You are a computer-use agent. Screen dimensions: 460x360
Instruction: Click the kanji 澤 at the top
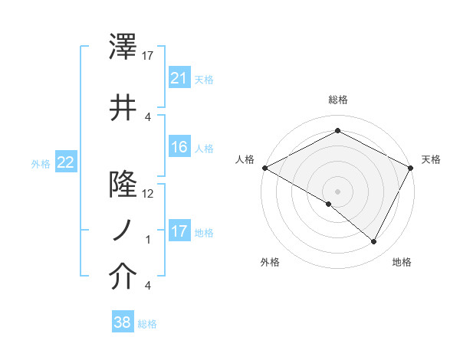point(123,49)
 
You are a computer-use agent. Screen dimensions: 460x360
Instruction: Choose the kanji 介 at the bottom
point(123,278)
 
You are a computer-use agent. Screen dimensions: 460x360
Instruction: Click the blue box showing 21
point(179,77)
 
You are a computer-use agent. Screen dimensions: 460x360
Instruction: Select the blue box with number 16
point(179,147)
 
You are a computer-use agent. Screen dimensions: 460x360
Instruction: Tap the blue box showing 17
point(179,231)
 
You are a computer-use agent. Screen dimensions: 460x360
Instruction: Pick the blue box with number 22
point(66,162)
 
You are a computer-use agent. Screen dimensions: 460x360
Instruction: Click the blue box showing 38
point(123,322)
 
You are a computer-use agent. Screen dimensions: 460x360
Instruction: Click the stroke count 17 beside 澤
point(147,56)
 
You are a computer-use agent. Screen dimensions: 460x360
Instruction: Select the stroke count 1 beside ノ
point(148,240)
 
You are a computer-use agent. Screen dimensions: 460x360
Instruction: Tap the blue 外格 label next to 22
point(41,162)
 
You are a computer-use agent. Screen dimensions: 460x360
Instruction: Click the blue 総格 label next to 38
point(148,324)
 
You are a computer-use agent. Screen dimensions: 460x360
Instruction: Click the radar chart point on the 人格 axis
point(264,167)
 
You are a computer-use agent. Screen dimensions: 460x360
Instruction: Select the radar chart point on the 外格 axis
point(329,204)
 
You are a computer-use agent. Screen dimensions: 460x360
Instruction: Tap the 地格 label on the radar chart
point(402,262)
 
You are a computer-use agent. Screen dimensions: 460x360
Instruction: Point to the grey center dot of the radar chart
point(337,191)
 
